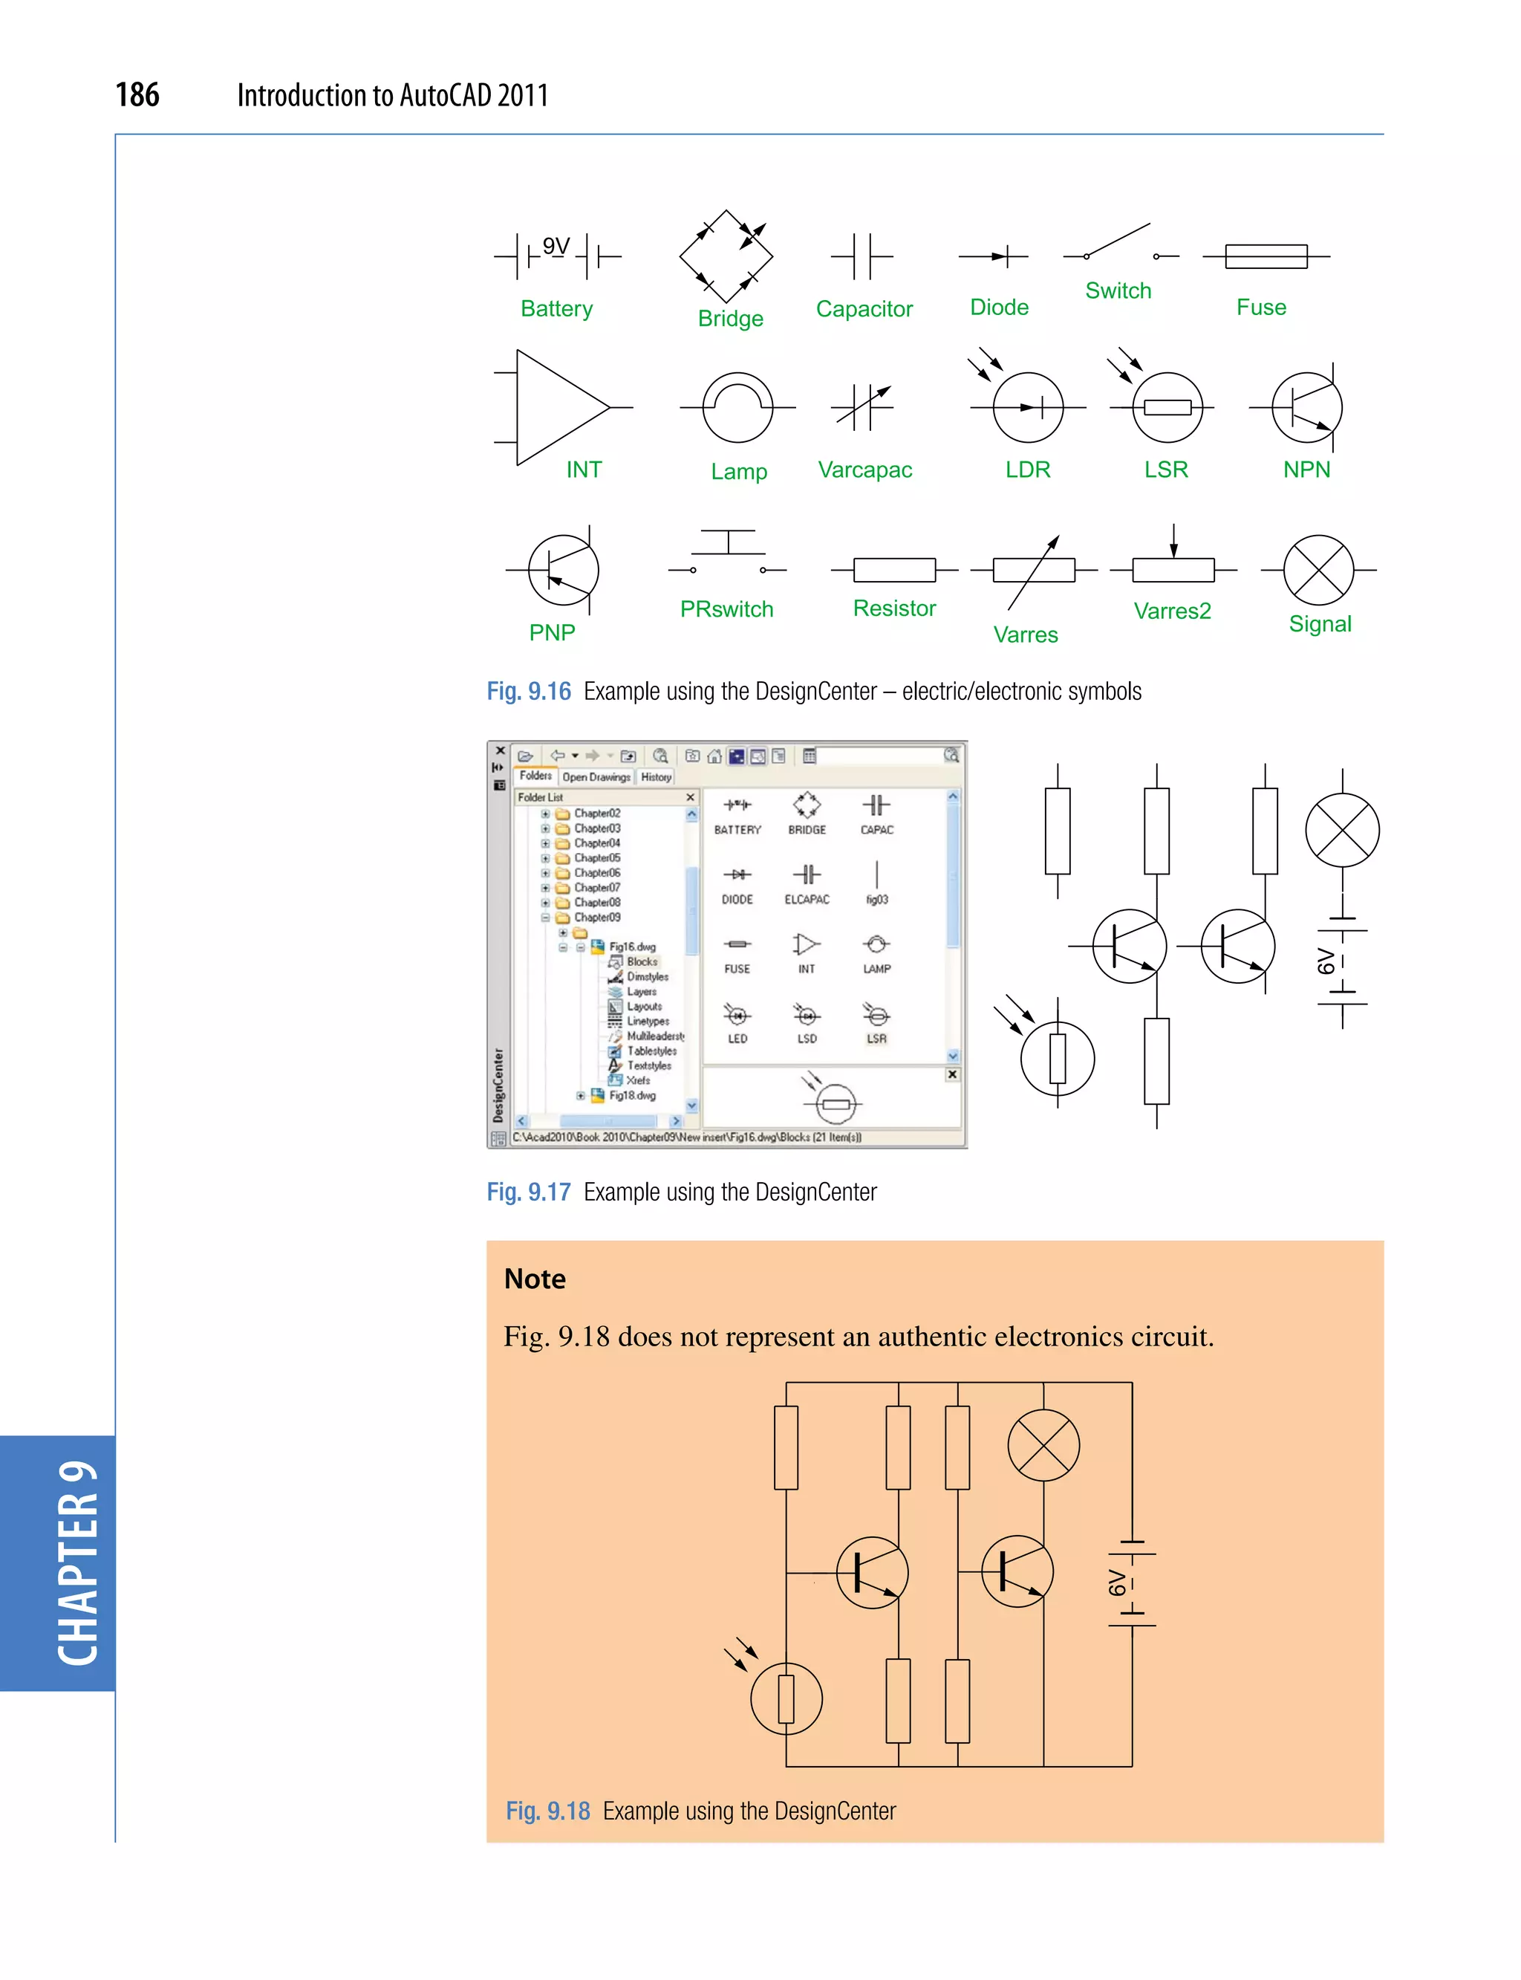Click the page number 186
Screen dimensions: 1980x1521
pyautogui.click(x=137, y=94)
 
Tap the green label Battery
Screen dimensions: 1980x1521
pyautogui.click(x=556, y=309)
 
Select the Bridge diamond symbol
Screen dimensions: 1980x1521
pyautogui.click(x=726, y=256)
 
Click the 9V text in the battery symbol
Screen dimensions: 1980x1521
pyautogui.click(x=556, y=247)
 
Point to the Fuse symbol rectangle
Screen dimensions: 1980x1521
pyautogui.click(x=1266, y=256)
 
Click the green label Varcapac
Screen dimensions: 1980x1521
pyautogui.click(x=864, y=470)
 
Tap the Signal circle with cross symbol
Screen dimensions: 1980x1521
pyautogui.click(x=1318, y=570)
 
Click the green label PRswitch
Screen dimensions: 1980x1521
pyautogui.click(x=726, y=608)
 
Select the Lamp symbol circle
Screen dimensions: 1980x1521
pyautogui.click(x=738, y=408)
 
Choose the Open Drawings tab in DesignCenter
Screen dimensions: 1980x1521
pyautogui.click(x=596, y=777)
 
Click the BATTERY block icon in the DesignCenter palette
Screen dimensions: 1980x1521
pyautogui.click(x=737, y=805)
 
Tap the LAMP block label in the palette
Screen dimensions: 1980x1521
pyautogui.click(x=876, y=968)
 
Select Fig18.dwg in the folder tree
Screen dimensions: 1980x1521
pyautogui.click(x=632, y=1095)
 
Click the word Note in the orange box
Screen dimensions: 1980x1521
pyautogui.click(x=535, y=1279)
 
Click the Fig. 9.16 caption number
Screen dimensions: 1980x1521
pyautogui.click(x=529, y=691)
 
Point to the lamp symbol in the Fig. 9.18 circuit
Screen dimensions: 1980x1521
pyautogui.click(x=1043, y=1446)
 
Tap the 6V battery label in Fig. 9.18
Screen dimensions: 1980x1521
pyautogui.click(x=1117, y=1583)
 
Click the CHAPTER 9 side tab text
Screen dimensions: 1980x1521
pyautogui.click(x=78, y=1563)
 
